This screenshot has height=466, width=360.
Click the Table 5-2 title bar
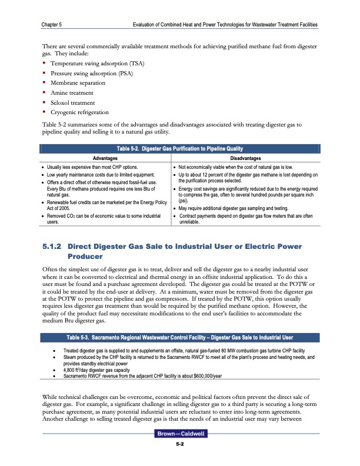point(179,148)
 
